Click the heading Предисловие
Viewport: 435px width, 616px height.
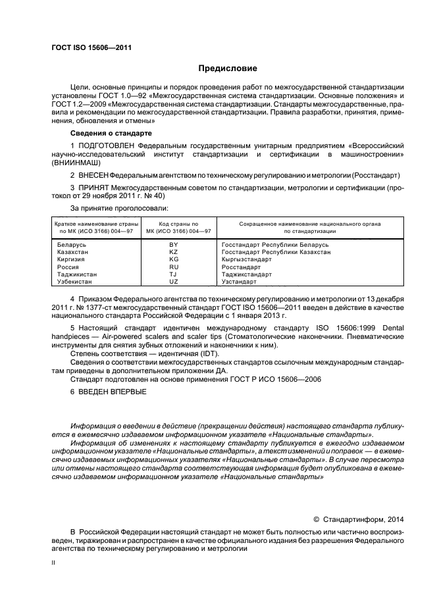pyautogui.click(x=228, y=68)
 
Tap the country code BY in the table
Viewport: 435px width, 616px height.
pyautogui.click(x=174, y=245)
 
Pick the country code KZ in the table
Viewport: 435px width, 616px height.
pyautogui.click(x=174, y=252)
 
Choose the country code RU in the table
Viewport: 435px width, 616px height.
pyautogui.click(x=174, y=267)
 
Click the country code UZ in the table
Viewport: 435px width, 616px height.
pyautogui.click(x=174, y=282)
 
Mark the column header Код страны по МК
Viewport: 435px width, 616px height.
pyautogui.click(x=174, y=228)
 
